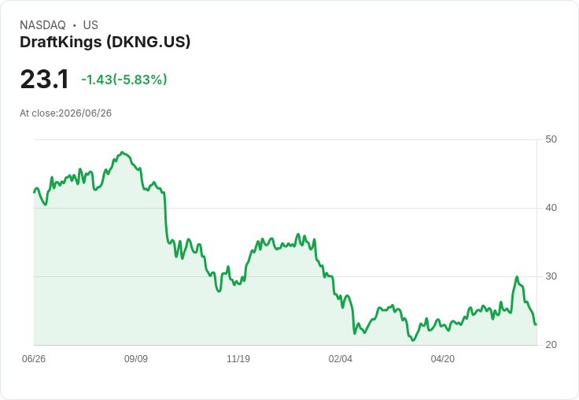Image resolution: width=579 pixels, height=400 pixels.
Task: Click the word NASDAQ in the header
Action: click(42, 25)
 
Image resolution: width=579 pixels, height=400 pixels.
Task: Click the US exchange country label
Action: click(90, 25)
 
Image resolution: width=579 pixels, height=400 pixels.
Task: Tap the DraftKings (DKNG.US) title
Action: click(105, 43)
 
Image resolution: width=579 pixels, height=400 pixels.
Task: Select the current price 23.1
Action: click(44, 79)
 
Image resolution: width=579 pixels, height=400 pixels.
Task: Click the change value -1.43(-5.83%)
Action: click(124, 80)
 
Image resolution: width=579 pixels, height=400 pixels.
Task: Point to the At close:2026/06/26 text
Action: click(66, 113)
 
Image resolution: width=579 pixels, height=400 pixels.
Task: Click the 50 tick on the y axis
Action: click(551, 139)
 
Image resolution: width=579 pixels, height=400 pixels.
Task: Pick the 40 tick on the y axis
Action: click(551, 208)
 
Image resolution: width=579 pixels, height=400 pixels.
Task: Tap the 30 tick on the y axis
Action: click(551, 276)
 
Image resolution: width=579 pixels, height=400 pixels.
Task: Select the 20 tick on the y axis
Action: click(551, 345)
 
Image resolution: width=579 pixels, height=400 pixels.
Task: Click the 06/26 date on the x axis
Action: click(34, 359)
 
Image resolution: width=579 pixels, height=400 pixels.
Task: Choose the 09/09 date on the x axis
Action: click(136, 359)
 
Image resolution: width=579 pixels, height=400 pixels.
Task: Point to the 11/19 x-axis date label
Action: click(238, 359)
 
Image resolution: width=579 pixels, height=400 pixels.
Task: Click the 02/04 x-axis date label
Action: click(341, 359)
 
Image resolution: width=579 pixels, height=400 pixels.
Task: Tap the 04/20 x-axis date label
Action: click(443, 359)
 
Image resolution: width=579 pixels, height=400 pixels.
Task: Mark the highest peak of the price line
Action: click(123, 152)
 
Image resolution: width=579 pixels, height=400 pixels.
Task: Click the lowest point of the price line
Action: click(413, 340)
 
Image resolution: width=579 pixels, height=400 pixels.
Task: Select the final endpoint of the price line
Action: click(536, 324)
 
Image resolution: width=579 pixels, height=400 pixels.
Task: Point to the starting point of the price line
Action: click(35, 192)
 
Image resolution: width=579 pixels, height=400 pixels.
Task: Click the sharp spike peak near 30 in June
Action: click(517, 277)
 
